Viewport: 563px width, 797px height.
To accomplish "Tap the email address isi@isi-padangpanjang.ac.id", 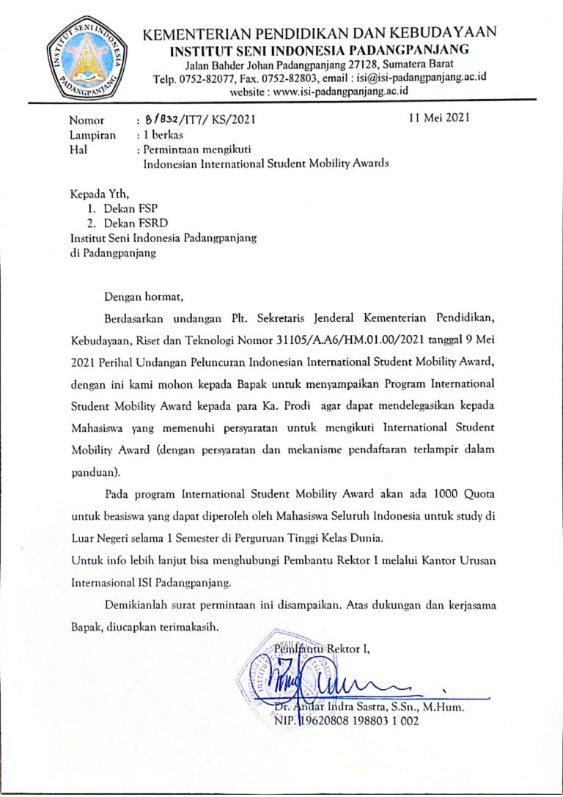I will (422, 78).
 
